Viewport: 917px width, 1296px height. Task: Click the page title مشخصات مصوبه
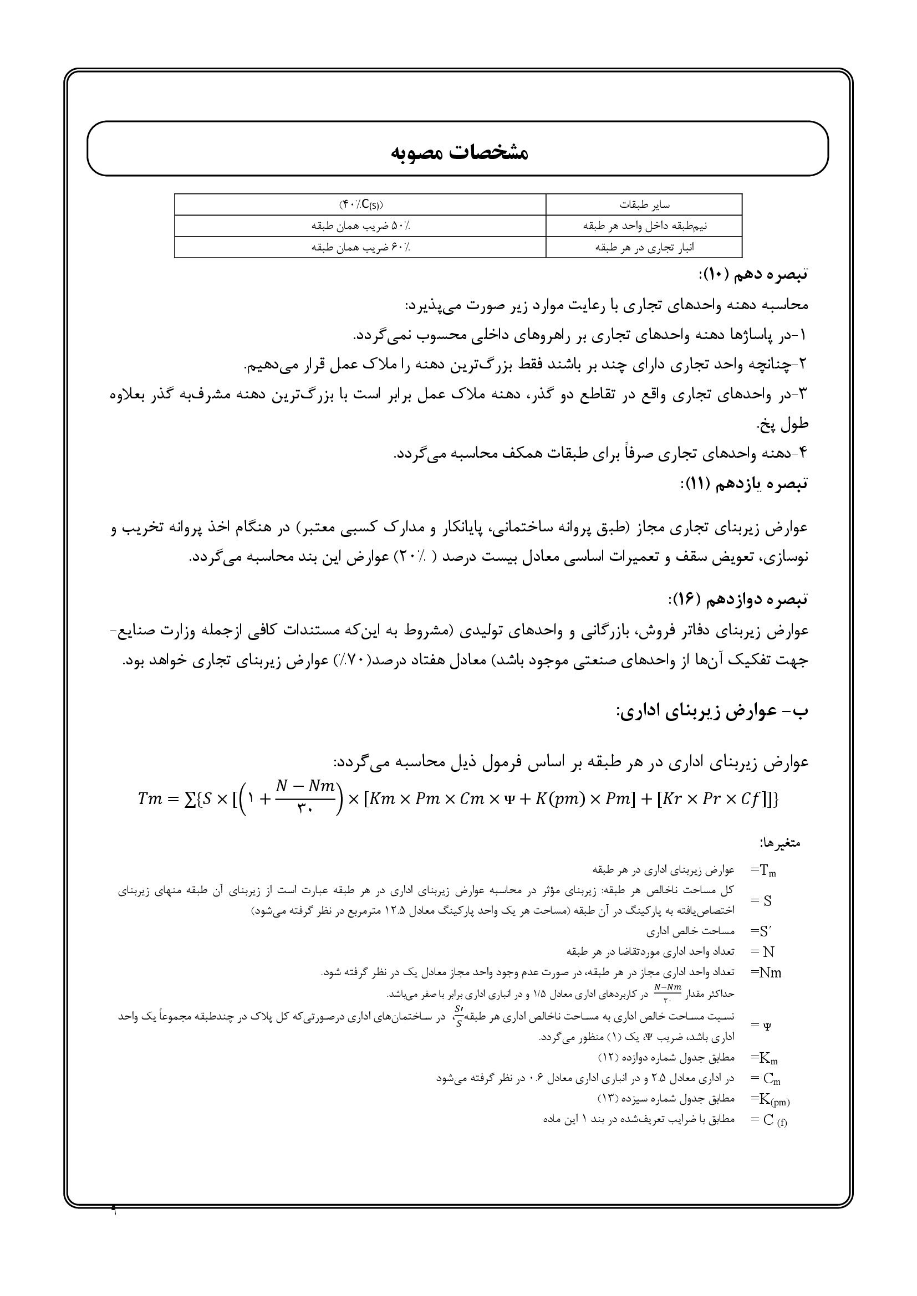click(459, 153)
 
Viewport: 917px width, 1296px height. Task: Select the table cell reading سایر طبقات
click(643, 204)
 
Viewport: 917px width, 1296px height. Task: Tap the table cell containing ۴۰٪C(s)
click(360, 204)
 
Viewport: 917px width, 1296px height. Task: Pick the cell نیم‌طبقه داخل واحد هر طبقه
click(643, 226)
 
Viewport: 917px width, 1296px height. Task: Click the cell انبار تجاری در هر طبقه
click(643, 247)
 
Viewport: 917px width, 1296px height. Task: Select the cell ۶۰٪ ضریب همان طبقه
click(360, 247)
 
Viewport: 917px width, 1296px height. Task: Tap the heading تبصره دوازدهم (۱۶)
click(738, 599)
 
